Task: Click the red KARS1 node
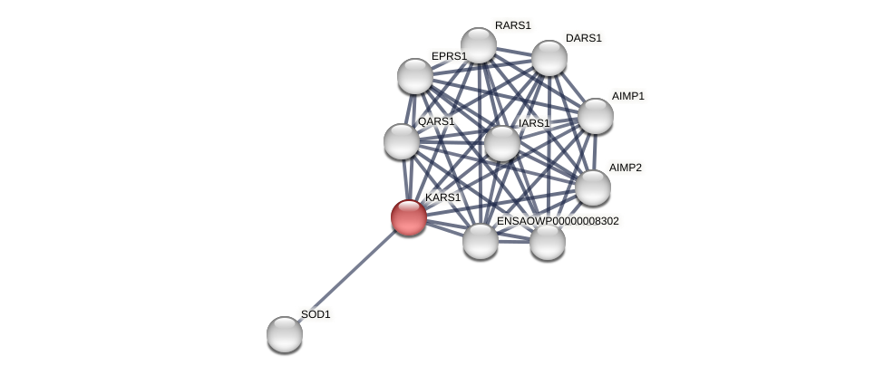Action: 409,217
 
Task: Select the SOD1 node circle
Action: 285,334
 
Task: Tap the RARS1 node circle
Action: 479,45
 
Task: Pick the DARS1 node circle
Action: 549,58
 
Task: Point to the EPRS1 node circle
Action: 415,76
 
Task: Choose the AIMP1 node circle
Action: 596,116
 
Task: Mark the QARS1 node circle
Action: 402,141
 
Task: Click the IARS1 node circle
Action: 502,143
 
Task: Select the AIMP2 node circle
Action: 593,187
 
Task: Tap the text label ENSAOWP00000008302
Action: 558,221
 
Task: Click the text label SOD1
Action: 316,314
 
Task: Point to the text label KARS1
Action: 442,197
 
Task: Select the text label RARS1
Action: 513,25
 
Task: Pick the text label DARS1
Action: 584,38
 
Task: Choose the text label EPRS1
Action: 449,56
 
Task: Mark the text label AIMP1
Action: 627,96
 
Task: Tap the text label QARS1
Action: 436,121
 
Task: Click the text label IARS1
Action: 534,123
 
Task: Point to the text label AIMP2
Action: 625,168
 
